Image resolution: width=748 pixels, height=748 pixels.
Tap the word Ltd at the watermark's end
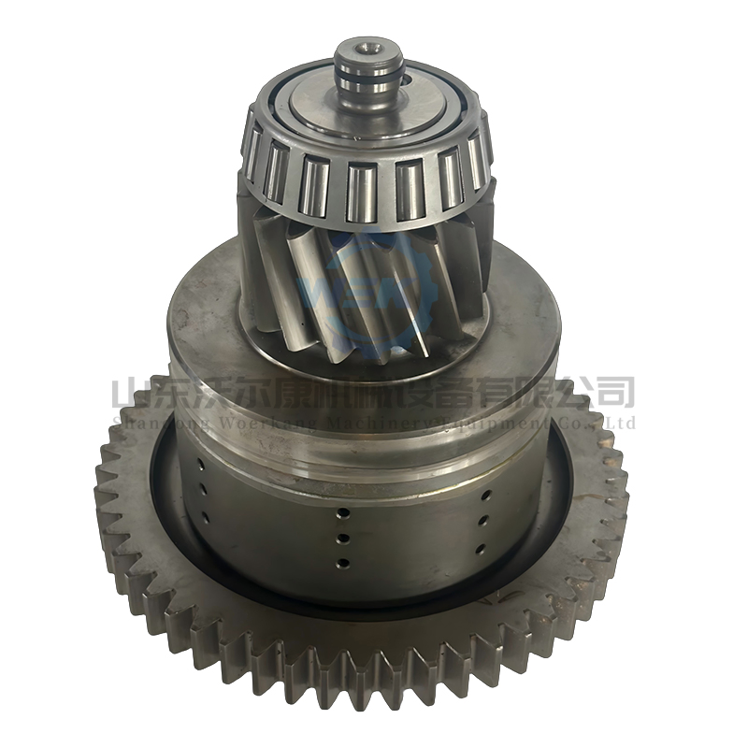621,423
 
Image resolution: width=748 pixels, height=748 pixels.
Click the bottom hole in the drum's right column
484,547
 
